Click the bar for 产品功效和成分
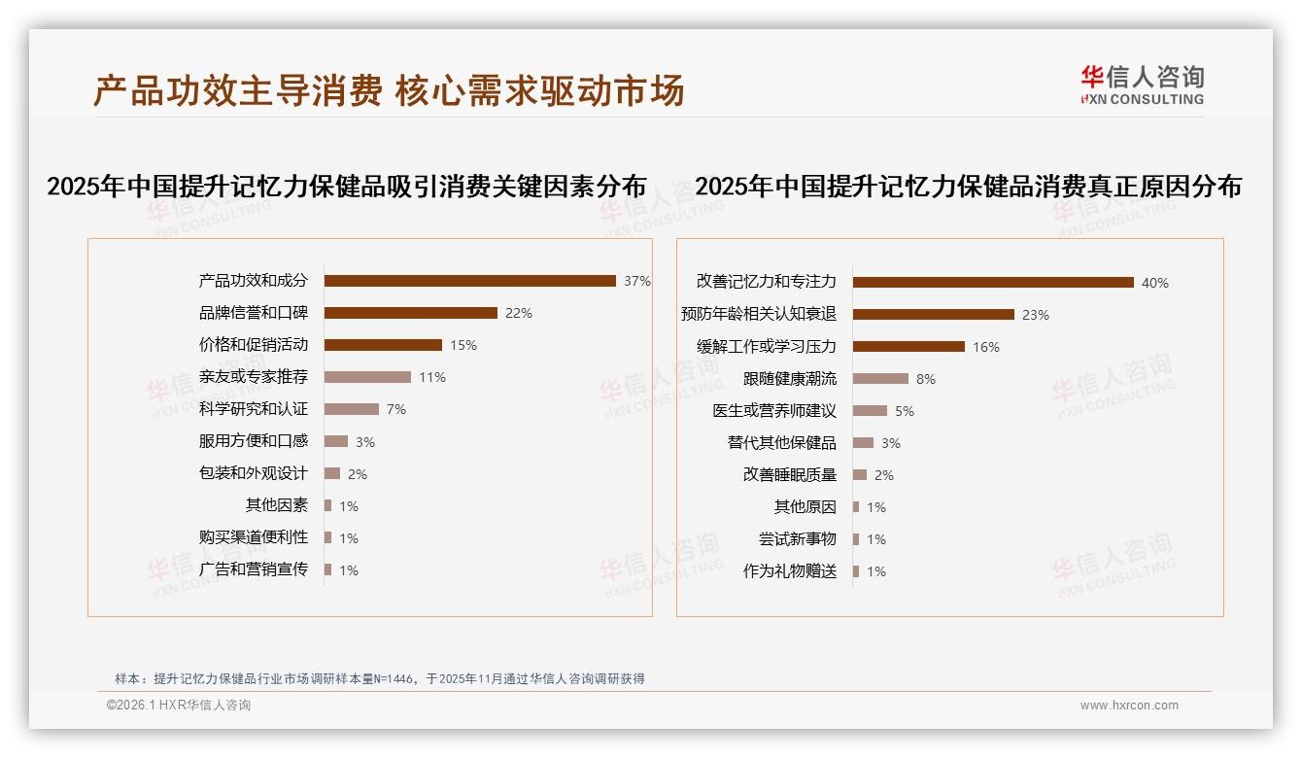469,281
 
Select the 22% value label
519,313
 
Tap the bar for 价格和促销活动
383,345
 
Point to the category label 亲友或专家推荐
253,377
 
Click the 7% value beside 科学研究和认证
396,409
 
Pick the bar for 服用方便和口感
335,441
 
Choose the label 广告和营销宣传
253,569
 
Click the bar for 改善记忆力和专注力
993,283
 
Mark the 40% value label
1155,283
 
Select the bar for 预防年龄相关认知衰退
933,315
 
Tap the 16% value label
986,347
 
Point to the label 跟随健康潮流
789,379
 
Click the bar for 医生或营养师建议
870,411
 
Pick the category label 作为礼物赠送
789,571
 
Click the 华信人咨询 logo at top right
1142,86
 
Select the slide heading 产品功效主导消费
237,90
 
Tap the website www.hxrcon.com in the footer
1129,706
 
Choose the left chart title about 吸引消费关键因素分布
347,187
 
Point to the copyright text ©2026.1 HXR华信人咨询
179,706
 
